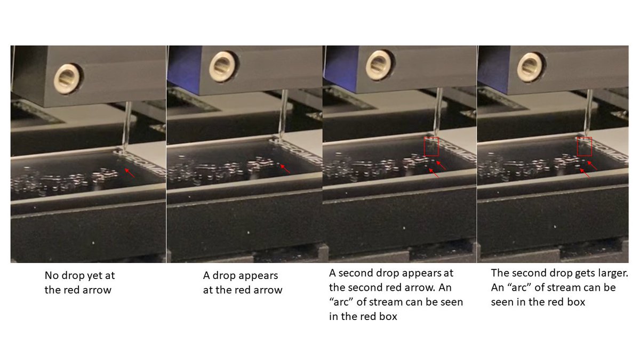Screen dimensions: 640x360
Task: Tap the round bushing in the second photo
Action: click(223, 67)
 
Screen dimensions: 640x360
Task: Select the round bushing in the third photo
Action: click(379, 65)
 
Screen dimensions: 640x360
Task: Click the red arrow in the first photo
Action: click(130, 173)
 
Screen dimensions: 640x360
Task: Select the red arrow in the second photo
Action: click(285, 169)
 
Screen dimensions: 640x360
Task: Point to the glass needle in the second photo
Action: click(283, 115)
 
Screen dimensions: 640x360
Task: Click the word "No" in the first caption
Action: click(51, 275)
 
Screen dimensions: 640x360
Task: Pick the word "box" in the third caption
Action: click(388, 316)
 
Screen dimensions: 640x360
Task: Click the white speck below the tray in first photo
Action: click(93, 243)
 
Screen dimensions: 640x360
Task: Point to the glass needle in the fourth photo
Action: click(588, 113)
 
